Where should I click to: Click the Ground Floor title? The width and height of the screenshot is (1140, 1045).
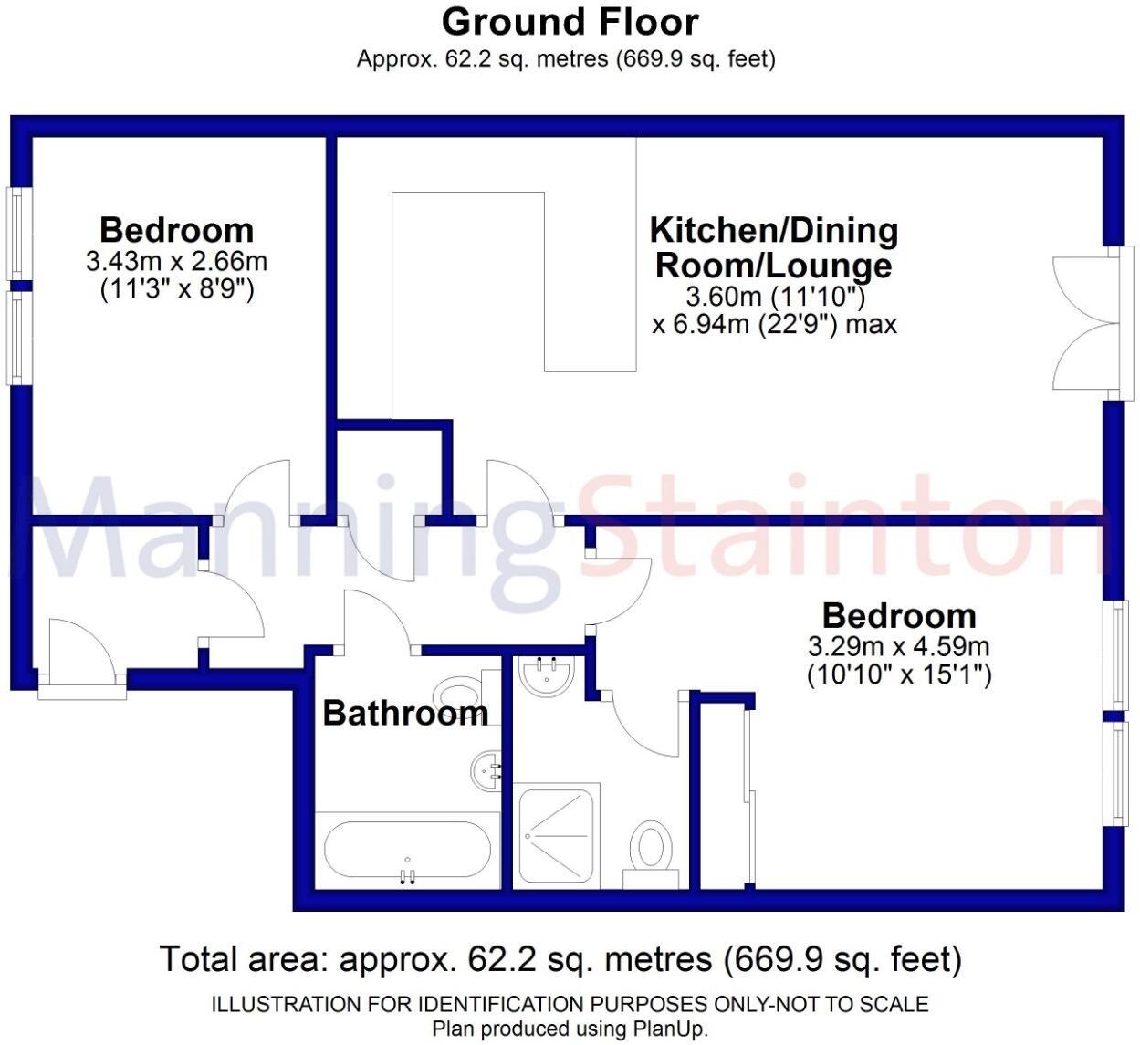click(570, 21)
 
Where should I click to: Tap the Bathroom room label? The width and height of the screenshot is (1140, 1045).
click(404, 713)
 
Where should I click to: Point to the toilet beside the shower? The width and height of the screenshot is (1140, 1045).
click(652, 848)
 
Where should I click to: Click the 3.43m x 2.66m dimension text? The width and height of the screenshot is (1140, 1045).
click(176, 262)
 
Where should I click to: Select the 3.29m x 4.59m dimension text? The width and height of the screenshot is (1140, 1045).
click(899, 647)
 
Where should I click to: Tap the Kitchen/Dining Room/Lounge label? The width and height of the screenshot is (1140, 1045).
click(774, 246)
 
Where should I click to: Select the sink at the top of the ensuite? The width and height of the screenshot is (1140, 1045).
click(547, 676)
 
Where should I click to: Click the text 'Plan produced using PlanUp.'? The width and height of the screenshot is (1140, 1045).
click(570, 1029)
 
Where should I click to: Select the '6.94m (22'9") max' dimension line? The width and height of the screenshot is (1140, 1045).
click(774, 324)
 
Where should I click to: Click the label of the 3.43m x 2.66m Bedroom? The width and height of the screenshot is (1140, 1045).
click(176, 229)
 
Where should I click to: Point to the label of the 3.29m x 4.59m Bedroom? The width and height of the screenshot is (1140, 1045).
click(899, 615)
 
